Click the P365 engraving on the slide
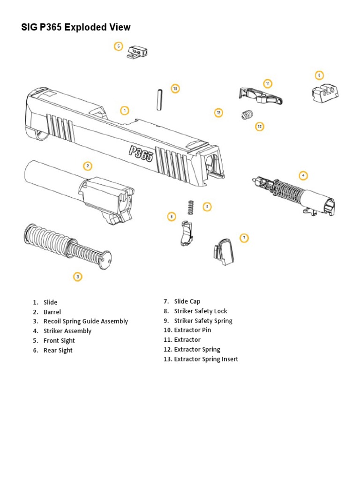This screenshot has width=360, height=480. (x=141, y=153)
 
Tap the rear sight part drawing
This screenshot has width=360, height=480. (x=325, y=92)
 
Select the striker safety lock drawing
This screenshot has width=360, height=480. (x=186, y=233)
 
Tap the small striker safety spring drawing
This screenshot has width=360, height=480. (x=190, y=207)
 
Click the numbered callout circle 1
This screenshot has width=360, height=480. (x=124, y=111)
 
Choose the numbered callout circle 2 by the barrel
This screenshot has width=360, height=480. (x=87, y=165)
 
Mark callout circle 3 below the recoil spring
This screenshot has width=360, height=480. (x=78, y=277)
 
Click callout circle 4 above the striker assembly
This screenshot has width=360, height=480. (x=303, y=175)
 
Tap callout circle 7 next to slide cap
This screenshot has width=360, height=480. (x=244, y=238)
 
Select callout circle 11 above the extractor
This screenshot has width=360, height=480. (x=267, y=84)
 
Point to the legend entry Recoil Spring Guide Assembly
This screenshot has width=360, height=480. (x=85, y=321)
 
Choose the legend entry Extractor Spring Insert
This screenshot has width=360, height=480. (x=206, y=359)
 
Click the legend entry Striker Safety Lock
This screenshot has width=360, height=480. (x=201, y=311)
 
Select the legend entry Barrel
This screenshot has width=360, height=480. (x=52, y=312)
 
